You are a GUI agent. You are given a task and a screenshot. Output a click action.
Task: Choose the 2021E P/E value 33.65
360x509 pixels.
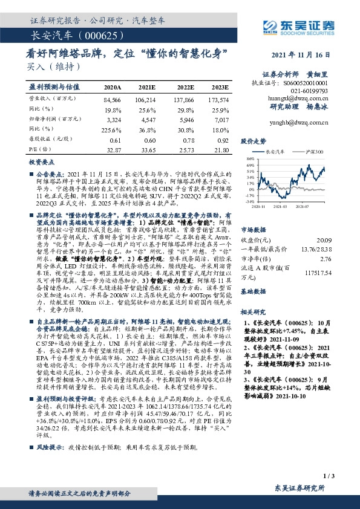[147, 149]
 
